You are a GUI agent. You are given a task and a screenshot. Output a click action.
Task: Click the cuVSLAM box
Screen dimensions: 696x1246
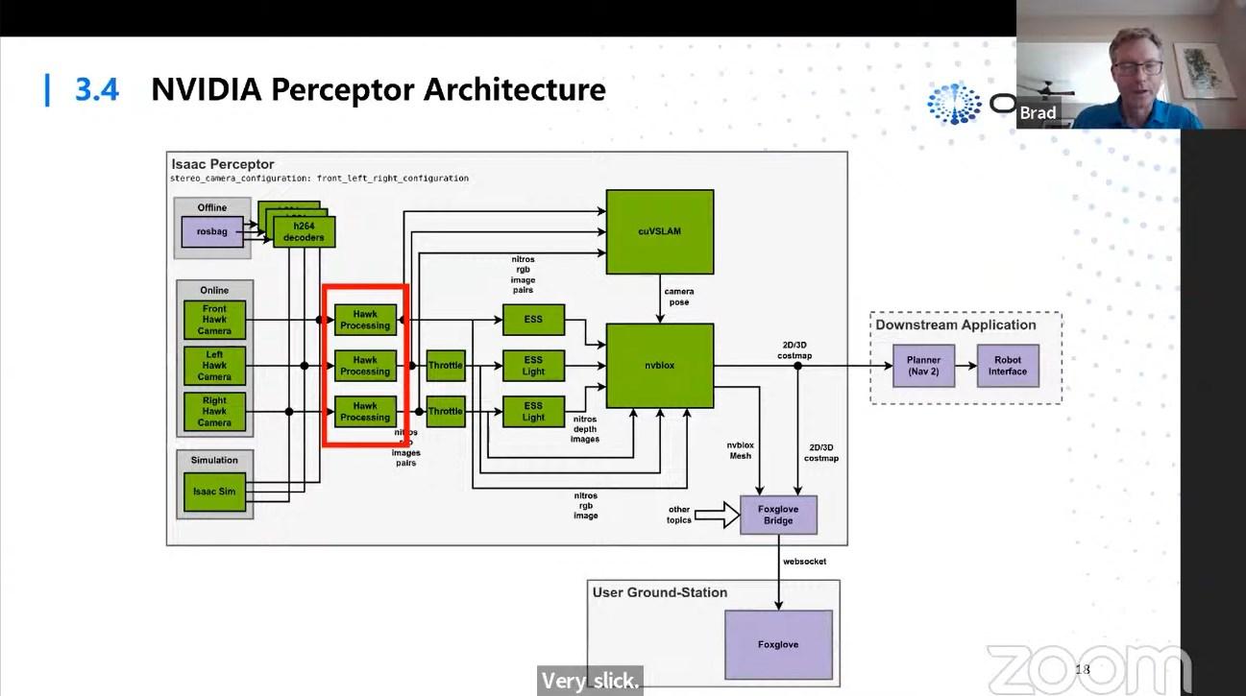pyautogui.click(x=659, y=231)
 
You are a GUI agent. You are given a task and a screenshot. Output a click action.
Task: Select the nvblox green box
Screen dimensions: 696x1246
pyautogui.click(x=659, y=366)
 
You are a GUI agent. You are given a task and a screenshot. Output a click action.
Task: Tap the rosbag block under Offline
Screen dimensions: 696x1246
pyautogui.click(x=212, y=231)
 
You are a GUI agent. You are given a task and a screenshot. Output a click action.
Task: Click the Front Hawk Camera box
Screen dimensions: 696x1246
pyautogui.click(x=214, y=320)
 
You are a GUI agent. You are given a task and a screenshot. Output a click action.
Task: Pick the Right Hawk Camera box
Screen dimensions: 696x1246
pyautogui.click(x=214, y=411)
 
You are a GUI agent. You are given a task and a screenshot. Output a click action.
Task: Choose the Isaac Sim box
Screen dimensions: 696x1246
pyautogui.click(x=214, y=492)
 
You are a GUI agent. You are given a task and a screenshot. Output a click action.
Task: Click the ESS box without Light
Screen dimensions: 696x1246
pyautogui.click(x=533, y=320)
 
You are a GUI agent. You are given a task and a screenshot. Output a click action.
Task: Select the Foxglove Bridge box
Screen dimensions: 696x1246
pyautogui.click(x=778, y=515)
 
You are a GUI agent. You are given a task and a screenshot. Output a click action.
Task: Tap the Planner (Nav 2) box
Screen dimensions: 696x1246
pyautogui.click(x=923, y=366)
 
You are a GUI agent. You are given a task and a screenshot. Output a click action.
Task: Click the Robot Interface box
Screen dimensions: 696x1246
pyautogui.click(x=1008, y=366)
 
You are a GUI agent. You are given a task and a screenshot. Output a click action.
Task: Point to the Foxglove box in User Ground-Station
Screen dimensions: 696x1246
pyautogui.click(x=778, y=644)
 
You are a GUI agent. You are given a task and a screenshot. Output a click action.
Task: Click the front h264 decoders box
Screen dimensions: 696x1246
pyautogui.click(x=304, y=232)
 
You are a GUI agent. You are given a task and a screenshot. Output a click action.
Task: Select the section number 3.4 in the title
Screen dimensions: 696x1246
pyautogui.click(x=97, y=89)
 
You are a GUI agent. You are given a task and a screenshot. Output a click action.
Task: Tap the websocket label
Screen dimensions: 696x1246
pyautogui.click(x=804, y=562)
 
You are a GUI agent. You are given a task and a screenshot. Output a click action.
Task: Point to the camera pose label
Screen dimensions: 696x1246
pyautogui.click(x=678, y=297)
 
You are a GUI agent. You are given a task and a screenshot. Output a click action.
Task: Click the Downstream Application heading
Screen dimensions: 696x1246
pyautogui.click(x=955, y=325)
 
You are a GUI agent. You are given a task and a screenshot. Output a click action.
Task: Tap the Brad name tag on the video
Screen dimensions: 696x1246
pyautogui.click(x=1038, y=112)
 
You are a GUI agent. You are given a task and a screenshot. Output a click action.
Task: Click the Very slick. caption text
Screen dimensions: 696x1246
pyautogui.click(x=589, y=682)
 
